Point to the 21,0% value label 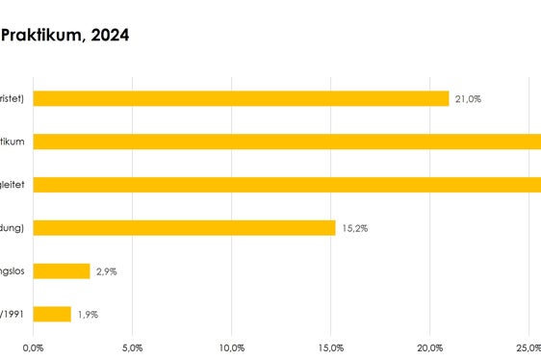click(469, 98)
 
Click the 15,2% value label click(354, 228)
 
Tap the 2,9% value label click(106, 271)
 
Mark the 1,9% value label click(88, 314)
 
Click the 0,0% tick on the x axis click(34, 347)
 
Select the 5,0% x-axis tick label click(133, 347)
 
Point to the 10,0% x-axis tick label click(232, 347)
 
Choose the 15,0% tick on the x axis click(331, 347)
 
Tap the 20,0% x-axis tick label click(430, 347)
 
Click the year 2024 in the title click(109, 36)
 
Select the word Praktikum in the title click(40, 36)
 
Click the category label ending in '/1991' click(13, 314)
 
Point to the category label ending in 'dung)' click(15, 228)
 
